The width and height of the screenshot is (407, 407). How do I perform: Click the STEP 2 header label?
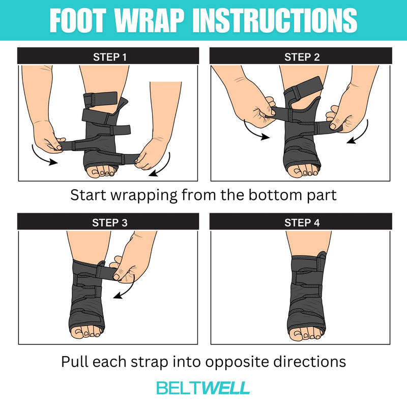click(302, 57)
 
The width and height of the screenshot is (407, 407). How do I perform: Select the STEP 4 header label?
click(302, 222)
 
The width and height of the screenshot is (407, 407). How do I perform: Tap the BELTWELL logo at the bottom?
click(203, 388)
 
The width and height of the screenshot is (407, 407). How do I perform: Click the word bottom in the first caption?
click(273, 195)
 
